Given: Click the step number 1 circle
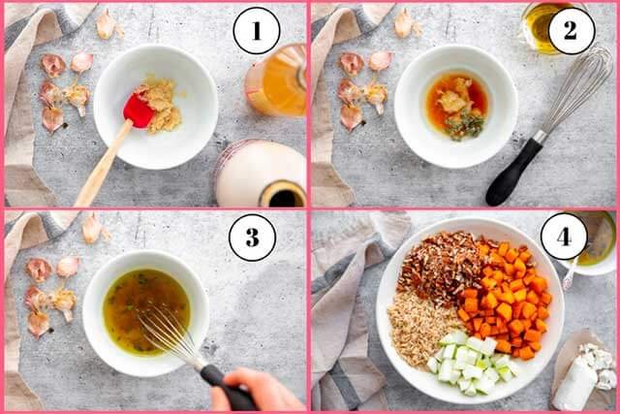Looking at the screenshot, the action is point(257,30).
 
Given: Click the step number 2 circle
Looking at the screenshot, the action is point(571,30).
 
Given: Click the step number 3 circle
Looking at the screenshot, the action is point(252,238).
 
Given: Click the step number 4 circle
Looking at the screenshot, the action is point(564,237).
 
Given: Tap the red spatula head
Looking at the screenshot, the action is point(138,111).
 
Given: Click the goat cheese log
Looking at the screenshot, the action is point(581,379).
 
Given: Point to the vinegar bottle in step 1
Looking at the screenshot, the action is point(276,81).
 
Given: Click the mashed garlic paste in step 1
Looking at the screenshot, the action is point(163,106).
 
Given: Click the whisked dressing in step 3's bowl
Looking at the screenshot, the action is point(146,310).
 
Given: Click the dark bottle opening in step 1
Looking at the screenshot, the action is point(282,194).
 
